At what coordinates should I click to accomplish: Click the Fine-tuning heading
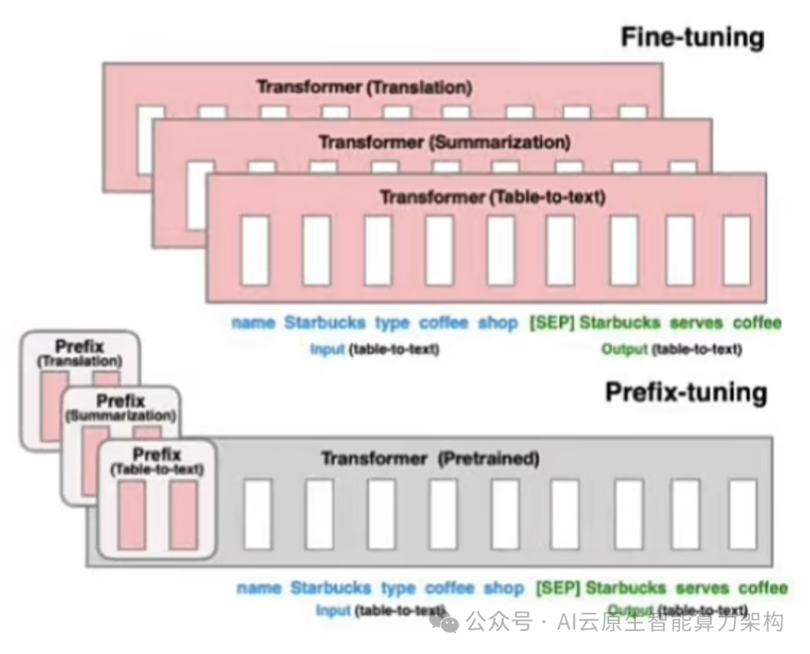(691, 37)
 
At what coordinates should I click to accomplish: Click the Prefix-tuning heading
(685, 393)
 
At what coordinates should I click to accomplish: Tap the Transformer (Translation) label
(364, 87)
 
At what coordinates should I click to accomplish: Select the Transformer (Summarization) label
(444, 142)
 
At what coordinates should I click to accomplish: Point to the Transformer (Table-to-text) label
(492, 197)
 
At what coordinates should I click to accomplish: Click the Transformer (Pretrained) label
(430, 457)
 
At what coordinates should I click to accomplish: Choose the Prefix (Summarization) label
(121, 408)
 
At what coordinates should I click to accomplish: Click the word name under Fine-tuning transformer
(253, 323)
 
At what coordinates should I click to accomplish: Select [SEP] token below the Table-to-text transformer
(552, 323)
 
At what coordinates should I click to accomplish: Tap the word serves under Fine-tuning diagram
(696, 323)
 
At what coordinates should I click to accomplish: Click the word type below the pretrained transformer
(398, 587)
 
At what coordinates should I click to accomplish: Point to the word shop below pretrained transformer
(503, 587)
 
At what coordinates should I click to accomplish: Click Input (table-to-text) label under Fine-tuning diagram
(374, 349)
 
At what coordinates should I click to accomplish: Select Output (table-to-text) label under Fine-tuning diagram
(671, 349)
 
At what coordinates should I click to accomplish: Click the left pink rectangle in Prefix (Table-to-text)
(132, 515)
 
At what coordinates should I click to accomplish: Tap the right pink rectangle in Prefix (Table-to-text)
(183, 515)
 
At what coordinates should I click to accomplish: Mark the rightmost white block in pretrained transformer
(742, 514)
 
